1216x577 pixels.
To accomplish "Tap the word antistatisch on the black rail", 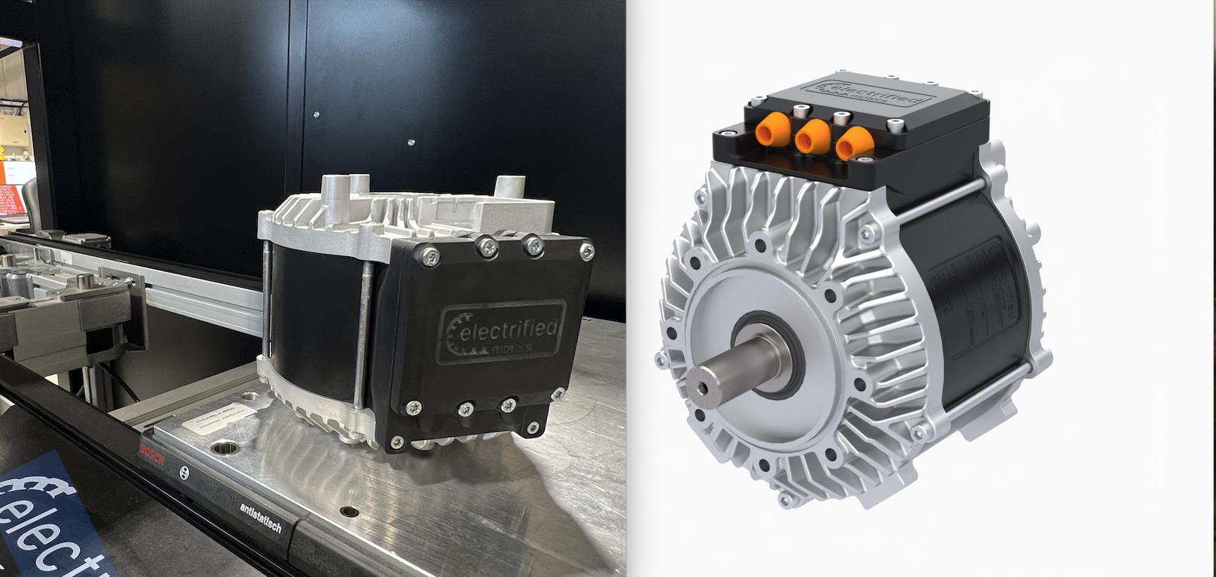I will (x=261, y=518).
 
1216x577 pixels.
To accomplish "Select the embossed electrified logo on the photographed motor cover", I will (x=501, y=331).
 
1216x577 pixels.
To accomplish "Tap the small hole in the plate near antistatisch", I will (x=347, y=511).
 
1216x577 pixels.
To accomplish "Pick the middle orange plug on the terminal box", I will (x=812, y=138).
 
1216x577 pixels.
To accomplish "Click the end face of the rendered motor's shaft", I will (x=704, y=386).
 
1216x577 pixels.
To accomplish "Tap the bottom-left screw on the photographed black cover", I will (x=414, y=408).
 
